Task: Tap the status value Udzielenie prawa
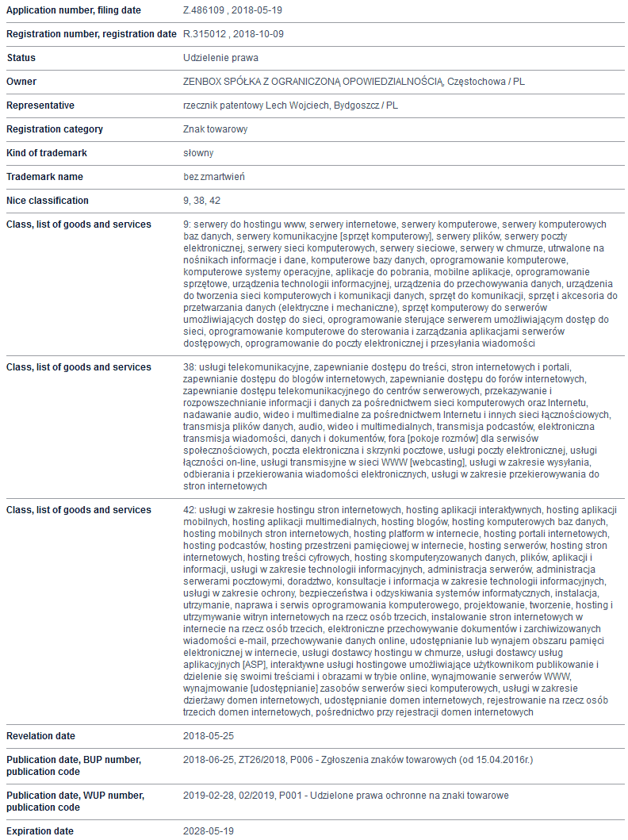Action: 220,58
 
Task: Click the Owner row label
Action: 21,82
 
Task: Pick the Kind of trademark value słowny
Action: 198,153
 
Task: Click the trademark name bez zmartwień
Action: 214,177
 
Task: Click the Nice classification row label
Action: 48,201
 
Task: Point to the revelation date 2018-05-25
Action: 209,736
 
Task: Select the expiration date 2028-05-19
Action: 209,831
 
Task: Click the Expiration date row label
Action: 40,831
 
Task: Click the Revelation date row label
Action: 40,736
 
